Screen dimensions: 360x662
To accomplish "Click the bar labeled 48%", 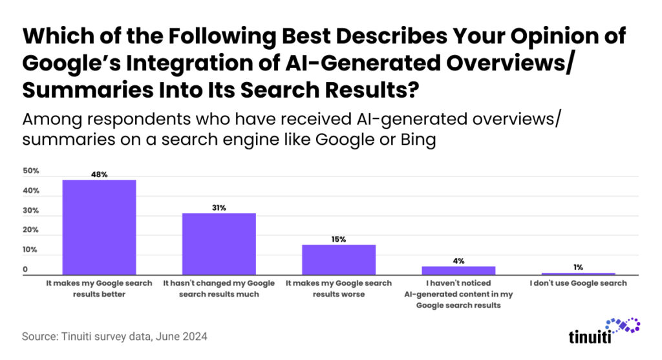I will pyautogui.click(x=99, y=228).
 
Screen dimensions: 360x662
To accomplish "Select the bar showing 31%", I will pyautogui.click(x=219, y=244).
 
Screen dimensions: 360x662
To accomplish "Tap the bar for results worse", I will pyautogui.click(x=339, y=260).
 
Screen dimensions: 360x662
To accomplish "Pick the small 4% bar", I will pyautogui.click(x=458, y=271).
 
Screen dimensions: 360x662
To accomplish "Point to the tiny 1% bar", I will pyautogui.click(x=578, y=274).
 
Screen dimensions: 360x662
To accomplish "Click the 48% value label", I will pyautogui.click(x=99, y=174).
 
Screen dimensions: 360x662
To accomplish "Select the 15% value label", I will pyautogui.click(x=339, y=239).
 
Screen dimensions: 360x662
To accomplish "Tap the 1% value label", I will pyautogui.click(x=578, y=267).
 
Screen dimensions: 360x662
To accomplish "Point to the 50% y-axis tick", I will pyautogui.click(x=32, y=171).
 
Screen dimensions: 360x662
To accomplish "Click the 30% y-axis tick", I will pyautogui.click(x=32, y=211).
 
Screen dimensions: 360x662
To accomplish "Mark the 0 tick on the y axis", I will pyautogui.click(x=26, y=270).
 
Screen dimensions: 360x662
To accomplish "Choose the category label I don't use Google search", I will pyautogui.click(x=578, y=284).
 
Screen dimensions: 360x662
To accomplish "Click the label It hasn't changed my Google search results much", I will pyautogui.click(x=219, y=289).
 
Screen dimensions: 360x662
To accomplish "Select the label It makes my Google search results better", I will pyautogui.click(x=99, y=289).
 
